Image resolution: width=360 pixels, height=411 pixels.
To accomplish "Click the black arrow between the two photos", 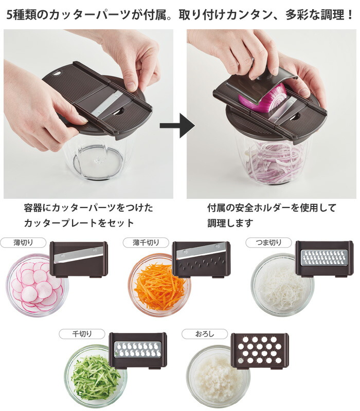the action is pyautogui.click(x=177, y=125).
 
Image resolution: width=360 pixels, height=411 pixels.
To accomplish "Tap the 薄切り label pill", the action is pyautogui.click(x=23, y=242).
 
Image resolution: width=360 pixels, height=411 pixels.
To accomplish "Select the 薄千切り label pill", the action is pyautogui.click(x=146, y=242).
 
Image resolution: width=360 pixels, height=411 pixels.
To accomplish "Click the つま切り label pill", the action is pyautogui.click(x=268, y=242).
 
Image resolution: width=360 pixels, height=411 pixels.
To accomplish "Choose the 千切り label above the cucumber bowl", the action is pyautogui.click(x=82, y=334).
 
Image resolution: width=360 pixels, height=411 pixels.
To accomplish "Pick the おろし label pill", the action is pyautogui.click(x=204, y=334).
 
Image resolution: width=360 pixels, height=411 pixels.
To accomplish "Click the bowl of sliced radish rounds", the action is pyautogui.click(x=37, y=285).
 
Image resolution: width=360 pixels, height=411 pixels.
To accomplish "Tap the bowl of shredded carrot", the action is pyautogui.click(x=159, y=285).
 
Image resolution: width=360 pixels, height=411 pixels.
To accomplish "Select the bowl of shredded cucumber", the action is pyautogui.click(x=96, y=376).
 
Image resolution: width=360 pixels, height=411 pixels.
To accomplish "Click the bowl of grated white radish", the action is pyautogui.click(x=218, y=376).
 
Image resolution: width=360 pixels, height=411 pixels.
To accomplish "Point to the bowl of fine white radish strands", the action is pyautogui.click(x=282, y=285).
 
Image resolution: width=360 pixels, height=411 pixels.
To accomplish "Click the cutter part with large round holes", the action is pyautogui.click(x=260, y=350).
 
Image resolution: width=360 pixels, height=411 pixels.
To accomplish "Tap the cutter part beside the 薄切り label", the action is pyautogui.click(x=79, y=259).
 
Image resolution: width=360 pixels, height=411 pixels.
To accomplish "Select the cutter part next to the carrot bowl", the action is pyautogui.click(x=201, y=259).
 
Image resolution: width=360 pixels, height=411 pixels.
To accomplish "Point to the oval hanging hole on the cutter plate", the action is pyautogui.click(x=57, y=73).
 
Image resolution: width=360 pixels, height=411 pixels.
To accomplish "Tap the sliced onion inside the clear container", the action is pyautogui.click(x=273, y=162).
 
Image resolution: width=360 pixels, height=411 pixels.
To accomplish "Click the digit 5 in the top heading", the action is pyautogui.click(x=9, y=15).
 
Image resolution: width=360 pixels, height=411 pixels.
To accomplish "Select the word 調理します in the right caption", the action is pyautogui.click(x=230, y=223).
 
